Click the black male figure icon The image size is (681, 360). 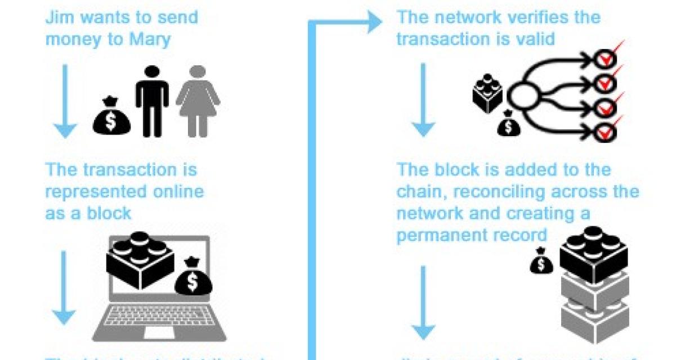[152, 101]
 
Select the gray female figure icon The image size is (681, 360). [198, 101]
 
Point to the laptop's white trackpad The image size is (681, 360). [159, 332]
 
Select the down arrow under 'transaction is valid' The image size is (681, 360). [423, 101]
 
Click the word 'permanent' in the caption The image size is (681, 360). [433, 235]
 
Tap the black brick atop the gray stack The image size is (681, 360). [593, 254]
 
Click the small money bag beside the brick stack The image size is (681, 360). [541, 262]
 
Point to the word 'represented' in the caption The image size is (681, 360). [93, 192]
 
